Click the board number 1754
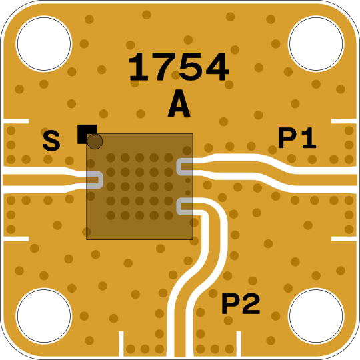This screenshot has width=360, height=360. click(179, 67)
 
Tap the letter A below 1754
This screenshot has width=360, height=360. click(179, 103)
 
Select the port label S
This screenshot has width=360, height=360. click(51, 141)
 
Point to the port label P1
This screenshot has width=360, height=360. click(297, 138)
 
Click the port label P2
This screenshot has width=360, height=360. click(241, 304)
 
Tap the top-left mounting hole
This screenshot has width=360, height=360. click(44, 43)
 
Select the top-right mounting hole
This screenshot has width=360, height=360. click(316, 43)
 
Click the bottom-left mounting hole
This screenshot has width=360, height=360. click(44, 316)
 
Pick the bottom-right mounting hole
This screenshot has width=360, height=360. click(316, 316)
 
